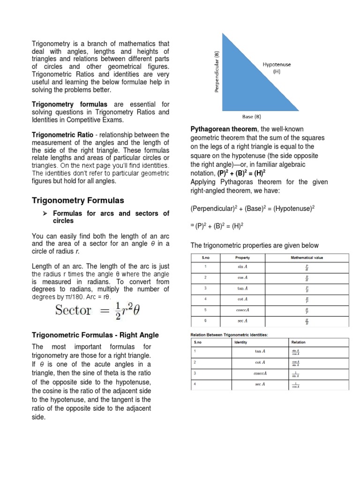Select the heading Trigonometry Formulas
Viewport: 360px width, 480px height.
point(78,200)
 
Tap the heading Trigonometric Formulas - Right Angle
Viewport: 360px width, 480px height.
point(95,335)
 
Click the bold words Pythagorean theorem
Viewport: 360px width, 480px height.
point(223,129)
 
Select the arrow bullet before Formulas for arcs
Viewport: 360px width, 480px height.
point(45,214)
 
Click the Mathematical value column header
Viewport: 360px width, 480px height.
point(307,257)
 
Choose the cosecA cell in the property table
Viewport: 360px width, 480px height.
point(242,310)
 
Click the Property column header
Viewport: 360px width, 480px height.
point(242,257)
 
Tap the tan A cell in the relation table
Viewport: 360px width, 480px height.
point(260,351)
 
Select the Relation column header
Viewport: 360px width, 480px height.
point(298,342)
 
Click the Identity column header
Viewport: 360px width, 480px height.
point(240,342)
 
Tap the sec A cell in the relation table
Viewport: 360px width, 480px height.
point(260,384)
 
